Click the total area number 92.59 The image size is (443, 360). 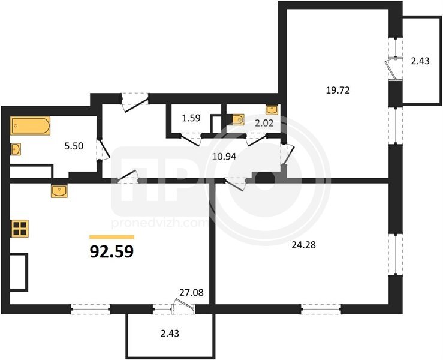[111, 251]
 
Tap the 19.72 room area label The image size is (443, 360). [338, 91]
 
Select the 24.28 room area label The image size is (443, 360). [303, 245]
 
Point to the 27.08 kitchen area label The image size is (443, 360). [192, 292]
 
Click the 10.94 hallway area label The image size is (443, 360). [224, 156]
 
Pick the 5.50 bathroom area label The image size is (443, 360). [74, 146]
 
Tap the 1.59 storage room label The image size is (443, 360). [191, 118]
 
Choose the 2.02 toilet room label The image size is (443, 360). [264, 123]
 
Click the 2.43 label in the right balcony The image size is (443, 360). [420, 61]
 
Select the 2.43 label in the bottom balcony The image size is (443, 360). [170, 334]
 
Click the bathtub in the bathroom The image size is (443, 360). [30, 125]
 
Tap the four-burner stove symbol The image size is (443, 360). [20, 229]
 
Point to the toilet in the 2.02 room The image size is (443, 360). [236, 119]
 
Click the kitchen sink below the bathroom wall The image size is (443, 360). [59, 191]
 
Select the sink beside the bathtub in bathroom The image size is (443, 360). [16, 149]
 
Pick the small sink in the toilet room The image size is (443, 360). [272, 110]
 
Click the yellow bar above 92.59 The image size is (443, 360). [111, 237]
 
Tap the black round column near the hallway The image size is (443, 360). [265, 179]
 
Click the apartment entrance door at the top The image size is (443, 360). [135, 102]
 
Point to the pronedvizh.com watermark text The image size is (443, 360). [159, 223]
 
